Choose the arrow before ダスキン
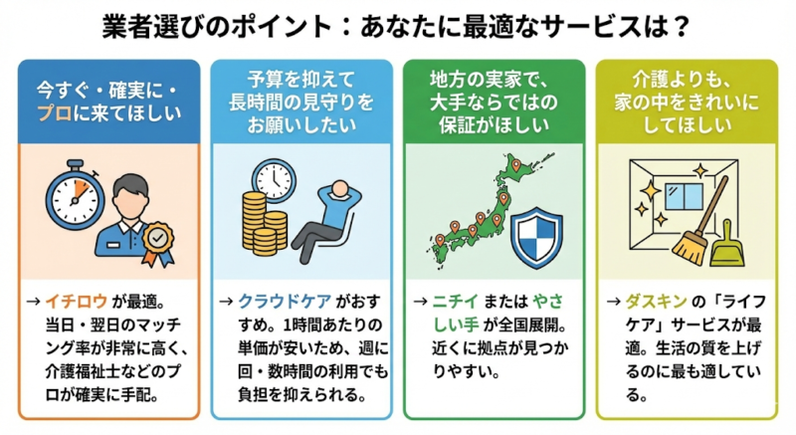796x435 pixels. pos(616,299)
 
